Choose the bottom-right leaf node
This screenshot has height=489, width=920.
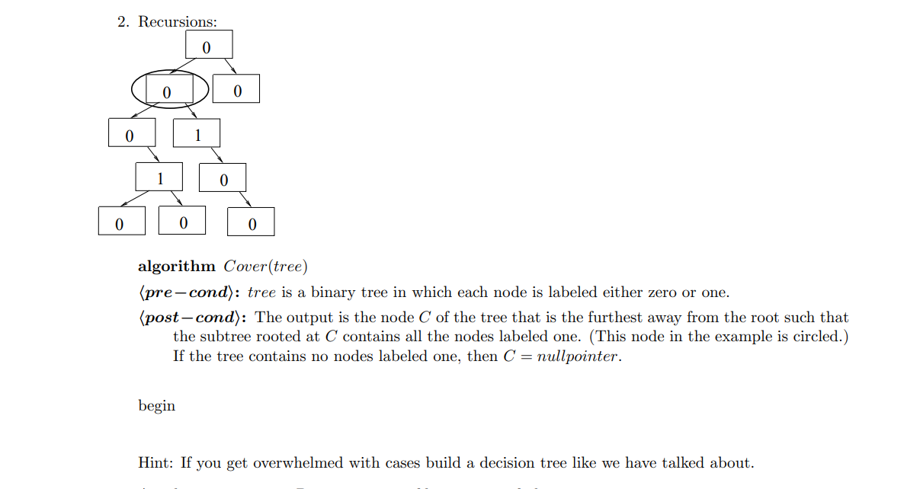click(x=251, y=222)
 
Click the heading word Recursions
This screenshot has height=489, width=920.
click(x=177, y=22)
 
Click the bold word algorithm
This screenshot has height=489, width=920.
click(x=177, y=267)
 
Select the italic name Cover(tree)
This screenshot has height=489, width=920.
click(x=265, y=267)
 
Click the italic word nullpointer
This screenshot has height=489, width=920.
click(x=577, y=357)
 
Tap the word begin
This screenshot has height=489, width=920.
click(x=156, y=406)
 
